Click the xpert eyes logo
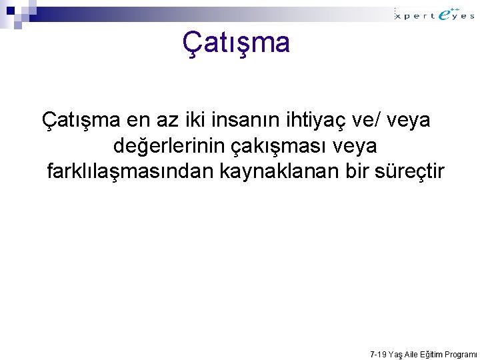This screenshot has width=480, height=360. click(x=435, y=14)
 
